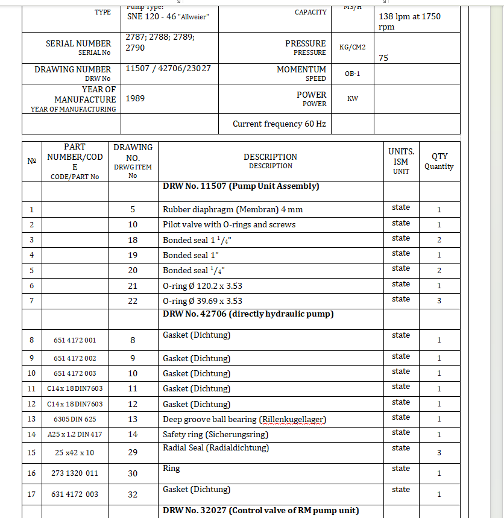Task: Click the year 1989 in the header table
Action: (x=136, y=98)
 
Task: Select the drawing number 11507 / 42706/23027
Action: (x=168, y=68)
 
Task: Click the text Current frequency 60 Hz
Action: (x=279, y=124)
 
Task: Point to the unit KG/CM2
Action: (x=353, y=47)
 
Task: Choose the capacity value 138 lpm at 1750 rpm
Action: (x=409, y=22)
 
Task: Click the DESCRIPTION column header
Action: (x=270, y=160)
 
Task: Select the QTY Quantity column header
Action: (x=439, y=161)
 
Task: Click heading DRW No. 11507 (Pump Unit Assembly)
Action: (x=241, y=186)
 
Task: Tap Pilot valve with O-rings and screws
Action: (x=229, y=224)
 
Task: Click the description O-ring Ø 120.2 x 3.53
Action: (x=203, y=285)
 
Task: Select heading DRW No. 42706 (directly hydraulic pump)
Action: (x=248, y=314)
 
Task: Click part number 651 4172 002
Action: (x=75, y=358)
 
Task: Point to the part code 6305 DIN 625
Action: (x=75, y=419)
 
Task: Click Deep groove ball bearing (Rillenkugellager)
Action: (x=244, y=419)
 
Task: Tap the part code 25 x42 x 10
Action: (x=75, y=452)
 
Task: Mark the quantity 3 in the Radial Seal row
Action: (x=439, y=452)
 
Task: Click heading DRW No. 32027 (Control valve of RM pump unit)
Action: (x=260, y=510)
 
